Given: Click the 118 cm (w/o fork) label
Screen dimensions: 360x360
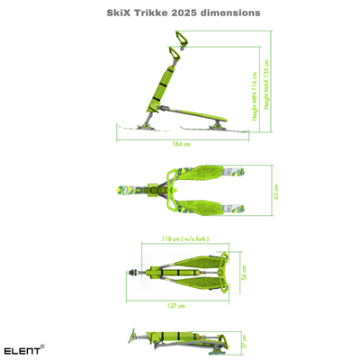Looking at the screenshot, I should pyautogui.click(x=180, y=238).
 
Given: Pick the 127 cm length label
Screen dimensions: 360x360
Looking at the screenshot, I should pyautogui.click(x=175, y=306).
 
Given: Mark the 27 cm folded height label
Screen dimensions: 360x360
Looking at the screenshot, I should pyautogui.click(x=244, y=343).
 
